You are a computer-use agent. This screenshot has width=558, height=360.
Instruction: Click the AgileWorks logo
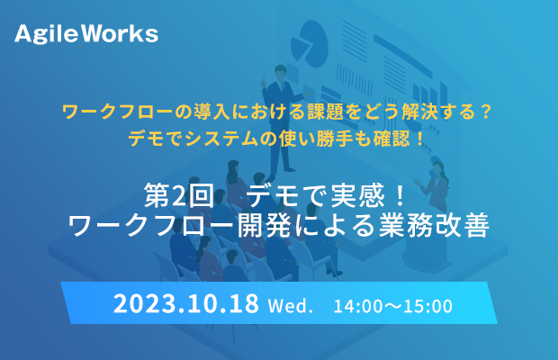86,34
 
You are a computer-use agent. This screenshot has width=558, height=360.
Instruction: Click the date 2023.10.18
186,303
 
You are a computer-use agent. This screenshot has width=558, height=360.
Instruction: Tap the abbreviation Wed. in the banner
291,306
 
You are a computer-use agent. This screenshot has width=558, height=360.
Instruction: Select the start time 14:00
357,306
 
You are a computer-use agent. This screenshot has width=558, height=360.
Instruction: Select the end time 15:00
428,306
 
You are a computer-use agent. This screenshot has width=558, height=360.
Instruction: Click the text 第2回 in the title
179,195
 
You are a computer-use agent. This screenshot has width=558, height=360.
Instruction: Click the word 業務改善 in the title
434,225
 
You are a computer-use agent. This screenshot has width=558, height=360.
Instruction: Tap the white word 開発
265,225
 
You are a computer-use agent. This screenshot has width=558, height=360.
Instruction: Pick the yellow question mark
485,112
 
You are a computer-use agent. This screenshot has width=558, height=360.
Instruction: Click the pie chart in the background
309,44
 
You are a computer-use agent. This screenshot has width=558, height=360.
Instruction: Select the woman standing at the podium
436,188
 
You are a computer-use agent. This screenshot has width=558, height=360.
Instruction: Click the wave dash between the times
393,306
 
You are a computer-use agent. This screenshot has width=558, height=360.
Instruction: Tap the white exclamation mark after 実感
400,195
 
